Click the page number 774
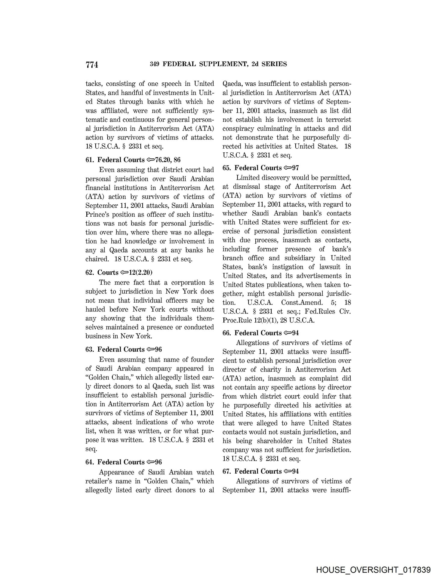92,65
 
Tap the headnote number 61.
89,160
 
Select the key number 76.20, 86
168,160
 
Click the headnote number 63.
89,349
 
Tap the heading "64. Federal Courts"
115,462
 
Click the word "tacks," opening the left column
94,84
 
